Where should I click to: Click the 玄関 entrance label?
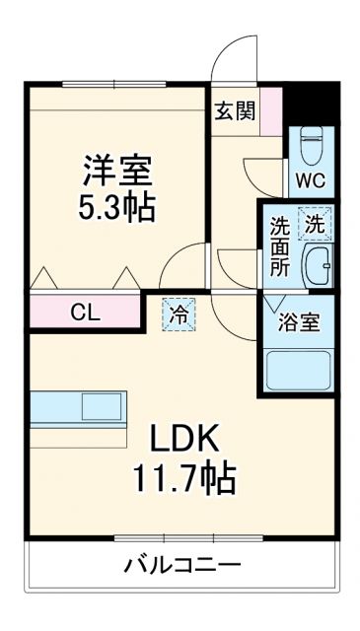(x=235, y=109)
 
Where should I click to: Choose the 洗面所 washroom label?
(x=280, y=245)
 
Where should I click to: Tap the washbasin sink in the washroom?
(x=318, y=264)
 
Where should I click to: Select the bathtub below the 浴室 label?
(x=300, y=368)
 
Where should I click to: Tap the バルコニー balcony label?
(x=181, y=566)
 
